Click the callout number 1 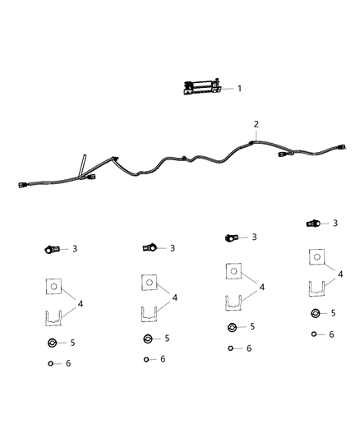click(239, 89)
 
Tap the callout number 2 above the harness click(256, 125)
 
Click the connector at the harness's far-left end click(22, 185)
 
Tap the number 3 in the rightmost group click(335, 223)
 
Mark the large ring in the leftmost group click(52, 343)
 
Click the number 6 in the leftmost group click(68, 363)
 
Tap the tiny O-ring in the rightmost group click(315, 334)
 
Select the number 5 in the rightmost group click(334, 313)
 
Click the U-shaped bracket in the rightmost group click(317, 288)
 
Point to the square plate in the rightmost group click(316, 258)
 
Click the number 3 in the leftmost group click(75, 248)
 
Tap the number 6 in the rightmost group click(332, 334)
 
